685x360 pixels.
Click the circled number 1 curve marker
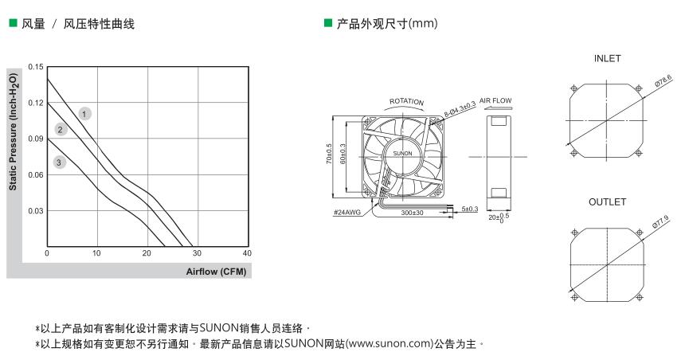(84, 114)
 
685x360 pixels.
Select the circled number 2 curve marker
(61, 130)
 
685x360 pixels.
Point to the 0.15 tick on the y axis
(35, 67)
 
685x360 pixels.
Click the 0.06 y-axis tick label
(35, 174)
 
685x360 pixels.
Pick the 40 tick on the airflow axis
(247, 253)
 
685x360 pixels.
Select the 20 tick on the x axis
(147, 253)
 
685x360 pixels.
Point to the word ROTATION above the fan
(406, 102)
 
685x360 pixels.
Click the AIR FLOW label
(495, 101)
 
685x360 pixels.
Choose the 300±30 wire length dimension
(413, 212)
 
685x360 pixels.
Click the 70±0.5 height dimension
(329, 156)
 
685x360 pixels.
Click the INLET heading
(607, 59)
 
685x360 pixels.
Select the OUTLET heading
(607, 202)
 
